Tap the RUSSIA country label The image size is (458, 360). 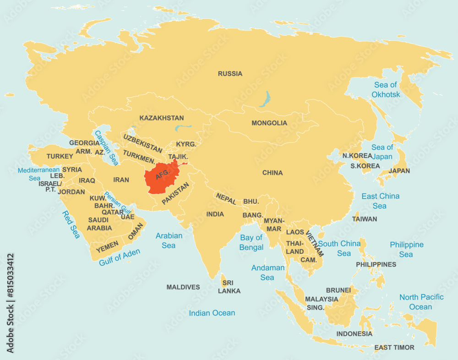[x=230, y=74]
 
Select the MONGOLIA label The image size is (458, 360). [x=269, y=123]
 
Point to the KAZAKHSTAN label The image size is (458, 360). [x=162, y=118]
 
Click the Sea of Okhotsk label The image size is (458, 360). [x=386, y=90]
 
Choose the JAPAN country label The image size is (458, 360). [x=399, y=171]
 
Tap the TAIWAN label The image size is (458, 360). [x=365, y=219]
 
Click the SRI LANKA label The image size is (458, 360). [x=229, y=287]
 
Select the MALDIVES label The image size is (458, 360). [x=183, y=287]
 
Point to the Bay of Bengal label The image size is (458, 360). [x=251, y=242]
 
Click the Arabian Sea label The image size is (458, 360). [x=169, y=240]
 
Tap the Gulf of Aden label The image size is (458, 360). [x=120, y=257]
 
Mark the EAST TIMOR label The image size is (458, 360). [x=394, y=348]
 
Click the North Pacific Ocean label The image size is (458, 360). [x=421, y=302]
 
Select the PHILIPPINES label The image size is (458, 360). [x=376, y=265]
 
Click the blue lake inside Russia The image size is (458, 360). [x=265, y=98]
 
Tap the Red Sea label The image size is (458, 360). [x=71, y=224]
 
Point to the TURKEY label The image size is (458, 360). [x=60, y=156]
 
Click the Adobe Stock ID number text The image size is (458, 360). [x=10, y=303]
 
